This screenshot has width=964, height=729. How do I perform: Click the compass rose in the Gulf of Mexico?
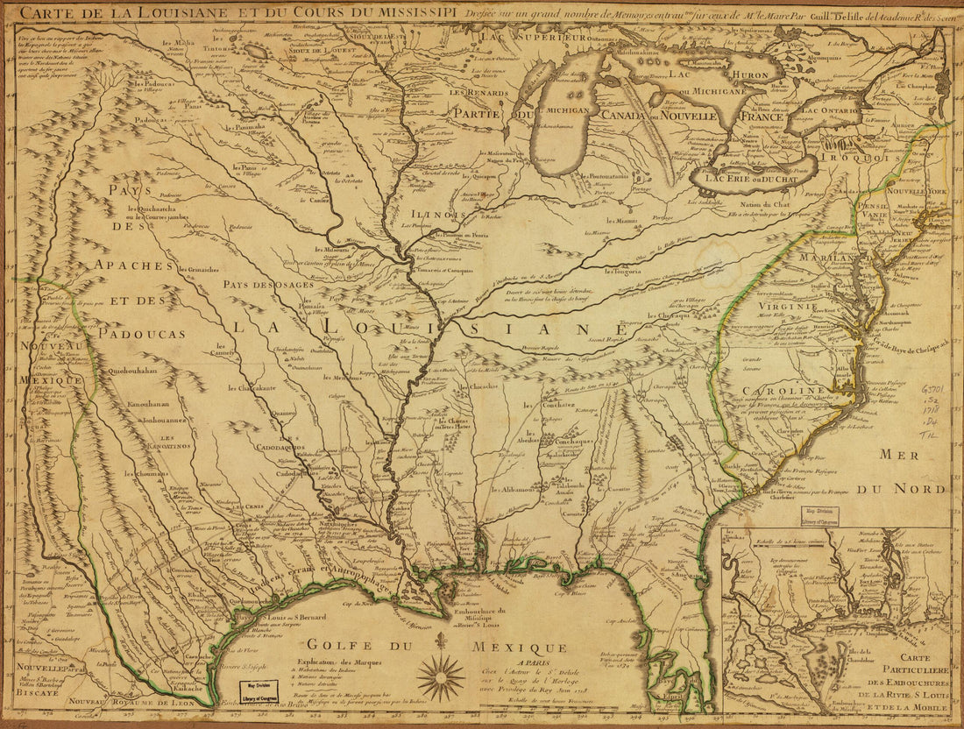click(441, 677)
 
